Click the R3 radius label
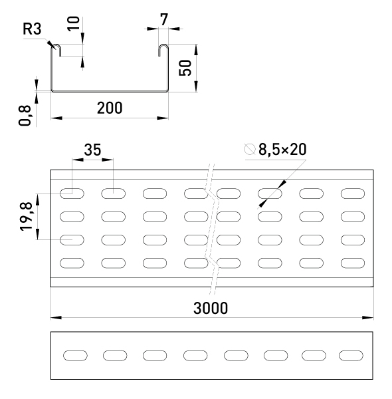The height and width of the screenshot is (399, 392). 32,29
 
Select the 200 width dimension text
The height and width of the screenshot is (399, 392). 110,108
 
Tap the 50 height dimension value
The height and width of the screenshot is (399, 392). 185,68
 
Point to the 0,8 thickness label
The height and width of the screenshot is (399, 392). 25,116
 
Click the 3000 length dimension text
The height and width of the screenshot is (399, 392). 211,308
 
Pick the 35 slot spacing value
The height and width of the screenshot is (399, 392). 92,150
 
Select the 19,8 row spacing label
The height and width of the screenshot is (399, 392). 26,217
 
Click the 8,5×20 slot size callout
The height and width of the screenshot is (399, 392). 282,149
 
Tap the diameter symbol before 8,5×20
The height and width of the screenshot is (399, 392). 249,149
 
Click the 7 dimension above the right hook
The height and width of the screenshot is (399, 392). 164,19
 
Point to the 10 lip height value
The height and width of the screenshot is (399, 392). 74,23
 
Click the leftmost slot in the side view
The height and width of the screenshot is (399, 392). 75,356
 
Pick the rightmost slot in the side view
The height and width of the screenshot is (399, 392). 351,356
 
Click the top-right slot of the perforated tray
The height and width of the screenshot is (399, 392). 353,194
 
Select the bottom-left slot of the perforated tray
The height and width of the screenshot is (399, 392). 72,263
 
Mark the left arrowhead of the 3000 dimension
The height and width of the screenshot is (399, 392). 56,318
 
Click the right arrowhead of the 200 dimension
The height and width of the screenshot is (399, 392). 163,118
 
